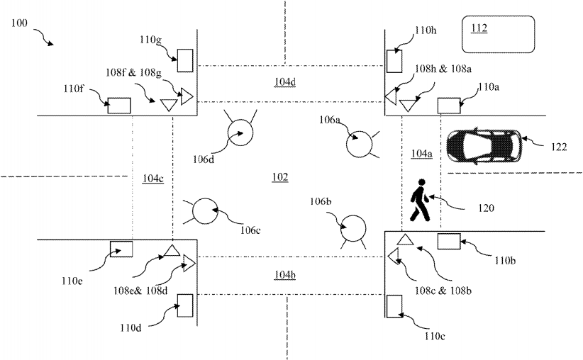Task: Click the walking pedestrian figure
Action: pos(420,201)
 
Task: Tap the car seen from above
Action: pos(484,146)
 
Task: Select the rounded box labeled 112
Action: pos(498,34)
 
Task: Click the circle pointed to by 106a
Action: pos(359,144)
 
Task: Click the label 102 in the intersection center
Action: pos(280,177)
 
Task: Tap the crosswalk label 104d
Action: pos(285,81)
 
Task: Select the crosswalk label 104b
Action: pos(285,275)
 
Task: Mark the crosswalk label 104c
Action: pos(153,179)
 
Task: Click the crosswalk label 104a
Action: pos(421,154)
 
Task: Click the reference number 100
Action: pos(19,23)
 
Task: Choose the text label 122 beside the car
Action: pos(559,147)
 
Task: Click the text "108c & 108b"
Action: pos(443,291)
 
